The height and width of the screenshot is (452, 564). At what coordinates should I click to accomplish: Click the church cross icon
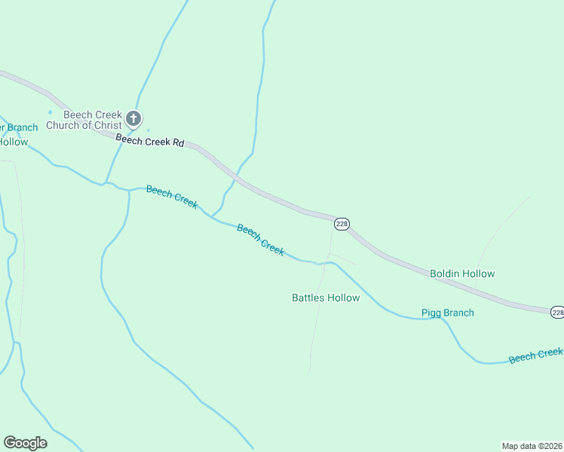coord(133,118)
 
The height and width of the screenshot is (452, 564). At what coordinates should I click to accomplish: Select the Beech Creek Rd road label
coord(150,139)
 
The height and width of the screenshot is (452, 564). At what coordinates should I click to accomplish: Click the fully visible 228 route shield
coord(342,224)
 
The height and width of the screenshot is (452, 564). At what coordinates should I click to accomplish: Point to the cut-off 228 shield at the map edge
coord(557,312)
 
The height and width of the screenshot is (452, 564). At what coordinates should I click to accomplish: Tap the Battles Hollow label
coord(326,298)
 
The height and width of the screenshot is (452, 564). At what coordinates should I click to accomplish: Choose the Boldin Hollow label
coord(462,273)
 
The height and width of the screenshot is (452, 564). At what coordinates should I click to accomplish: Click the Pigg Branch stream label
coord(447,313)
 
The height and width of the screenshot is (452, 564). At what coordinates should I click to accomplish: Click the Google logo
coord(25,443)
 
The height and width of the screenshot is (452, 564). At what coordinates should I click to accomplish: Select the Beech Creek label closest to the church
coord(172,197)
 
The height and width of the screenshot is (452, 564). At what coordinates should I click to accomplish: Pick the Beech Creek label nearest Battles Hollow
coord(261,240)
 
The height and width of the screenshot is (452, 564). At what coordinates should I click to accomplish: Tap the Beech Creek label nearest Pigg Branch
coord(535,355)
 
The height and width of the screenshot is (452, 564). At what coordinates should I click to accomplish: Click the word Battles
coord(309,298)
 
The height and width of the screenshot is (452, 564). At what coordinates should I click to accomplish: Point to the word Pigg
coord(431,313)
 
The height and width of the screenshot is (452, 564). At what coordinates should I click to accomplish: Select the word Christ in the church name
coord(107,125)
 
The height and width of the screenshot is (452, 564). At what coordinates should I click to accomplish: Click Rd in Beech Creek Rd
coord(178,142)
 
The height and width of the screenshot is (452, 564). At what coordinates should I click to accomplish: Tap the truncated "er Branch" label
coord(18,127)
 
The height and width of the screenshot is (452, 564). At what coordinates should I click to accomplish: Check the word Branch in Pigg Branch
coord(458,313)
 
